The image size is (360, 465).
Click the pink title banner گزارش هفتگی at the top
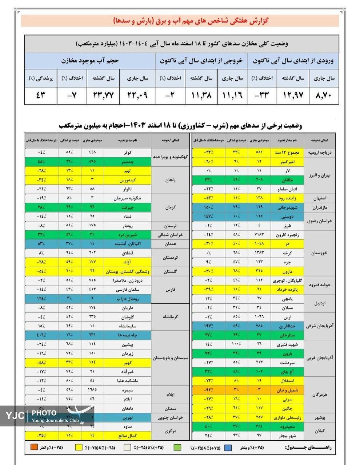pos(180,21)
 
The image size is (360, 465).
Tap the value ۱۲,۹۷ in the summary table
pos(294,96)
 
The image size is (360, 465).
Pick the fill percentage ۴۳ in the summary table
pos(41,96)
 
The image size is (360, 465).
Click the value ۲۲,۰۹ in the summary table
pos(138,96)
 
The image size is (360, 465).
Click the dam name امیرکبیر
pos(288,161)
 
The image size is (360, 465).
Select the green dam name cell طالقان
pos(288,179)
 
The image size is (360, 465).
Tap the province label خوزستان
pos(320,253)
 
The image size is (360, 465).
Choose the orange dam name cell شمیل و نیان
pos(288,390)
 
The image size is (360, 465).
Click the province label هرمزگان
pos(320,395)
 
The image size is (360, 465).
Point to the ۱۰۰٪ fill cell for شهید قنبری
pos(236,344)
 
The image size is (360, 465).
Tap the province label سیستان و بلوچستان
pos(171,358)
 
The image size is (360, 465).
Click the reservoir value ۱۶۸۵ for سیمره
pos(92,390)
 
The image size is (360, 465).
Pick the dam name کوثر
pos(127,152)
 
